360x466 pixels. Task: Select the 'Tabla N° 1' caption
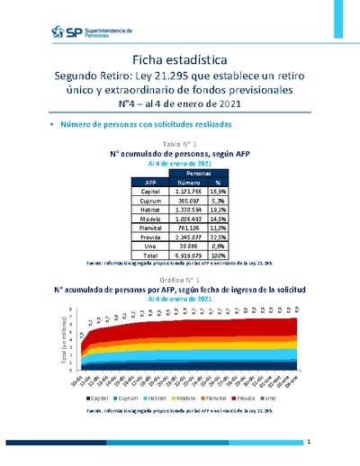(179, 144)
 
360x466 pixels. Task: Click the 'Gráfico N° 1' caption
(179, 282)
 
